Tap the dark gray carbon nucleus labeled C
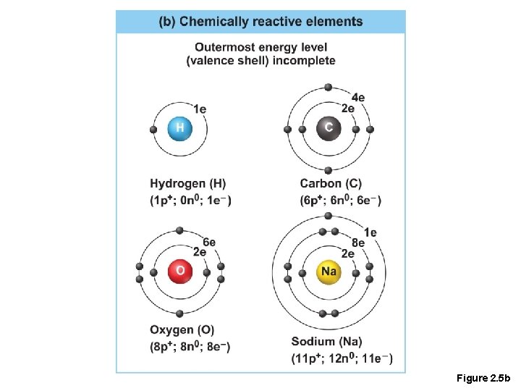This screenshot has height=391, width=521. [329, 128]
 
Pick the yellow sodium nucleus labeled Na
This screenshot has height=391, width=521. [329, 272]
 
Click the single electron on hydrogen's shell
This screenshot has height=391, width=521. [153, 130]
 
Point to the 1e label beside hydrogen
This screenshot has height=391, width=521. [200, 109]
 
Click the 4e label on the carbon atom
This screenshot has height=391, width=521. [357, 98]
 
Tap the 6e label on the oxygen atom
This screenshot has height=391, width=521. [209, 241]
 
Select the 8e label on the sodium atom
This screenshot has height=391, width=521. [357, 243]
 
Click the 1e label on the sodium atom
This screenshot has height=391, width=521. [370, 232]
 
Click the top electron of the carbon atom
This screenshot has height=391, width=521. [329, 87]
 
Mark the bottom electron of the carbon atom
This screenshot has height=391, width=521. [329, 170]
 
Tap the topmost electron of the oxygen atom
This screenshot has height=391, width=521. [179, 230]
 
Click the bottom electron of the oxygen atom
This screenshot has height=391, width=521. [179, 313]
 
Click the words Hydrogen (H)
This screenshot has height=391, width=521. [188, 184]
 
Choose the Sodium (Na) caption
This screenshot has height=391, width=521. [327, 340]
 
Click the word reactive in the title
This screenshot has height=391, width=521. [279, 22]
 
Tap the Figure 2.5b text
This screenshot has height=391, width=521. [483, 379]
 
